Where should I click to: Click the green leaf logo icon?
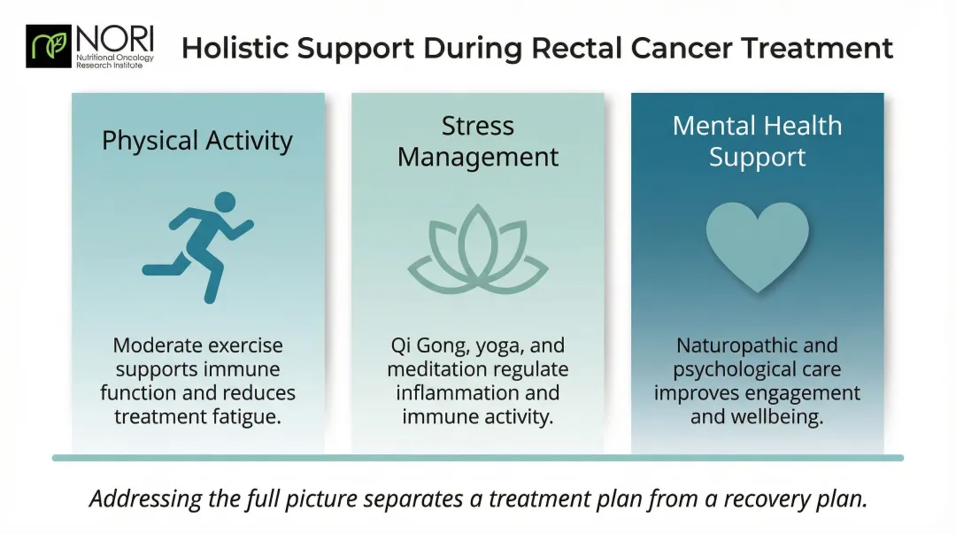[50, 46]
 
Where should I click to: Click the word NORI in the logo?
[114, 38]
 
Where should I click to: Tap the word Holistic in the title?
[234, 48]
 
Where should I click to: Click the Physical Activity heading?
[197, 141]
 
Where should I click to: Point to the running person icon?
[198, 244]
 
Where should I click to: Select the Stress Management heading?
[477, 142]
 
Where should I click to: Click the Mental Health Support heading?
[757, 141]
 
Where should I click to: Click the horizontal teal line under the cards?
[478, 458]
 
